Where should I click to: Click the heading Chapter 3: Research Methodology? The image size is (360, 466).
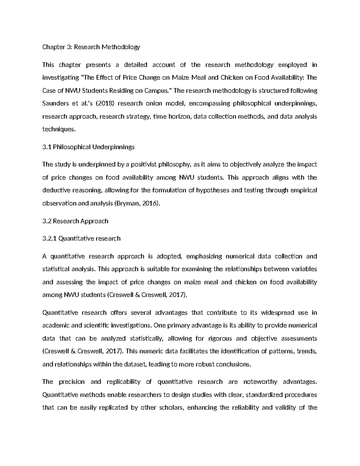click(91, 47)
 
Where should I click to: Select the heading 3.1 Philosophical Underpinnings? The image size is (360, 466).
click(88, 147)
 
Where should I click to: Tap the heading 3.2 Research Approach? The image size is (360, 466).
click(75, 221)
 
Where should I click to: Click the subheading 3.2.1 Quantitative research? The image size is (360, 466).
click(81, 239)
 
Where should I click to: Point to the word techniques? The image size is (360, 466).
click(59, 129)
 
